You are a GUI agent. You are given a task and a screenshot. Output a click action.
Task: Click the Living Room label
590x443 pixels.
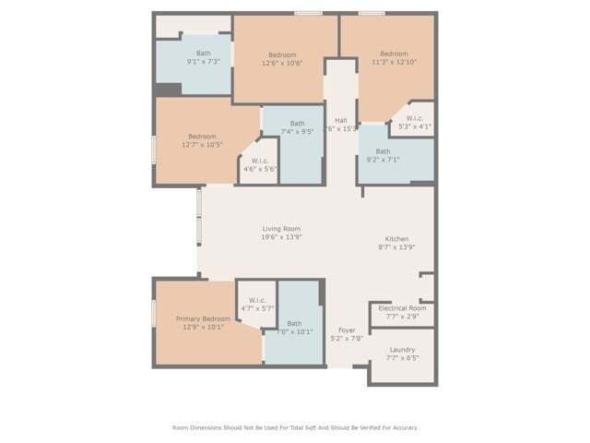(x=282, y=229)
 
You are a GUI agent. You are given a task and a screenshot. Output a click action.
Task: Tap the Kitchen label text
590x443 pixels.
(x=397, y=238)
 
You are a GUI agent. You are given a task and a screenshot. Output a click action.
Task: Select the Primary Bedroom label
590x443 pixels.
(x=204, y=318)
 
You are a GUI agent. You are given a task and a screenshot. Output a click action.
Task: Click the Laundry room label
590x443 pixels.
(x=402, y=350)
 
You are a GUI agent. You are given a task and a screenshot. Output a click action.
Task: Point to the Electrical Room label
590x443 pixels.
(x=403, y=308)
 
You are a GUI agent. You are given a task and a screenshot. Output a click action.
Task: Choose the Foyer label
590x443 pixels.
(x=347, y=329)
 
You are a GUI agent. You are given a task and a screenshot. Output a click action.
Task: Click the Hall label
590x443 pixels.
(x=341, y=120)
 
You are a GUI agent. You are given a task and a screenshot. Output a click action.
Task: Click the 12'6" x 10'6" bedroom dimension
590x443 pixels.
(x=281, y=63)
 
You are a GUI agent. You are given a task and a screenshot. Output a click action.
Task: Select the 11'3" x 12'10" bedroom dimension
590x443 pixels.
(x=394, y=63)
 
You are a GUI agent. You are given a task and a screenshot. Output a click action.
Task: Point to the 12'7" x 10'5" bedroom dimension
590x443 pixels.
(x=202, y=145)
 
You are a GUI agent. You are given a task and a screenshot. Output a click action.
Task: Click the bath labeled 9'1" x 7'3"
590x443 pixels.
(x=204, y=62)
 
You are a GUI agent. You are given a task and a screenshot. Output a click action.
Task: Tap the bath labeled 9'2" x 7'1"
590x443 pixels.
(x=383, y=160)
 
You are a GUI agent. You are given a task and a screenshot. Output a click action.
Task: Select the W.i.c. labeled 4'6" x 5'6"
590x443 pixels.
(x=260, y=169)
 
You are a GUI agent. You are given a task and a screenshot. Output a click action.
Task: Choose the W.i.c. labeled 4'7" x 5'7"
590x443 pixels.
(x=257, y=307)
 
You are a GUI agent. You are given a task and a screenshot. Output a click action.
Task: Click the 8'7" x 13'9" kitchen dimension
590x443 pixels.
(x=397, y=247)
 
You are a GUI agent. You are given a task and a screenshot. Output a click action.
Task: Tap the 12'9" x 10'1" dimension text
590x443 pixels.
(x=204, y=328)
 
